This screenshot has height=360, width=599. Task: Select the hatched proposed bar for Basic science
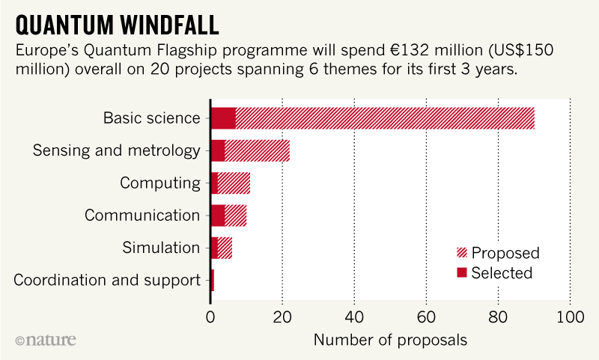(385, 118)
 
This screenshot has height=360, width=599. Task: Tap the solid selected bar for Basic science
(223, 118)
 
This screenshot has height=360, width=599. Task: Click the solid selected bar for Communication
(218, 216)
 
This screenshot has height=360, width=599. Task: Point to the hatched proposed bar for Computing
(234, 183)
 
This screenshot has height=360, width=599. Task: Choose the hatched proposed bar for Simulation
(225, 248)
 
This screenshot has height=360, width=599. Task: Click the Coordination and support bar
(213, 280)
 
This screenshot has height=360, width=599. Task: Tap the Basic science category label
(152, 118)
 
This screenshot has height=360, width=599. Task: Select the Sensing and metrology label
(117, 150)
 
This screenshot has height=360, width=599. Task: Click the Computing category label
(160, 183)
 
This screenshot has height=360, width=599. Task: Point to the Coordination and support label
(107, 281)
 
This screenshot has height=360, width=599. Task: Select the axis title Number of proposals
(390, 340)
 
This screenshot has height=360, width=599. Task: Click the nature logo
(46, 340)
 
